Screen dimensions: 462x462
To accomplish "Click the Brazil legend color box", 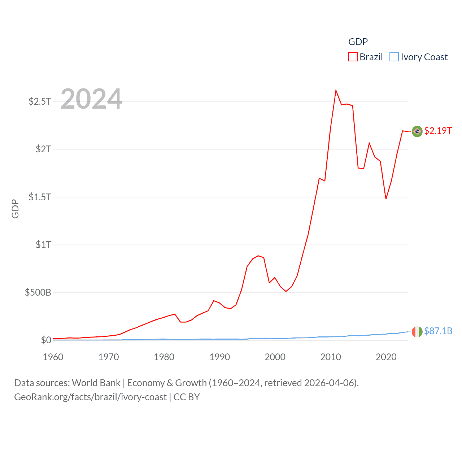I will [x=353, y=57].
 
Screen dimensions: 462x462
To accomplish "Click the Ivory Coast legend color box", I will [x=394, y=57].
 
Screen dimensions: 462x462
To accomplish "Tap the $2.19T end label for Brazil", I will [x=438, y=131].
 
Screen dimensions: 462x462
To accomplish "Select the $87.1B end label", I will [x=438, y=331].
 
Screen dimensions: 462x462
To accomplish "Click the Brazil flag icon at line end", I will [x=417, y=131].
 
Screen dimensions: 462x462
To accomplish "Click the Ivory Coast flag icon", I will [x=417, y=331].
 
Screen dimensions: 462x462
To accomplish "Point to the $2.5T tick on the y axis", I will [x=40, y=101].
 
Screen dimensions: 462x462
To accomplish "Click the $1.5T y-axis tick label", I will [x=40, y=197].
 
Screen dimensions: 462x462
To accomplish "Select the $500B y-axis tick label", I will [x=38, y=292].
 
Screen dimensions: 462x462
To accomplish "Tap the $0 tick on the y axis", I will [x=46, y=340].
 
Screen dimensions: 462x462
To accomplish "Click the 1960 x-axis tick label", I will [x=53, y=357].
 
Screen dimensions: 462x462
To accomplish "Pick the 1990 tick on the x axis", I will [x=219, y=357].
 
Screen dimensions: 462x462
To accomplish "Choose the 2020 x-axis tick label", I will [x=386, y=357].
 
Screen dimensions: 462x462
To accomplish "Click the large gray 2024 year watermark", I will [x=91, y=99].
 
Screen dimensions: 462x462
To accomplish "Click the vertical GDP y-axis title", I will [x=15, y=209].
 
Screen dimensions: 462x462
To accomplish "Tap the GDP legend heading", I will [x=358, y=42].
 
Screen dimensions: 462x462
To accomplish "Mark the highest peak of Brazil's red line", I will [x=336, y=90].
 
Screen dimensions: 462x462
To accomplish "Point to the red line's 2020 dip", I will [x=386, y=199].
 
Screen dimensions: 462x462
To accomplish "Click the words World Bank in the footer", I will [x=96, y=383].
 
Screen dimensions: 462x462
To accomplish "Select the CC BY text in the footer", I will [x=187, y=397].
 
